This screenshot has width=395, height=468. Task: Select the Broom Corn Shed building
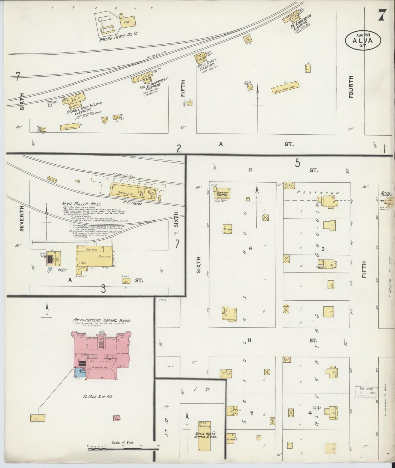pos(285,87)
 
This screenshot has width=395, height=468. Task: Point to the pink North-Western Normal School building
pos(101,355)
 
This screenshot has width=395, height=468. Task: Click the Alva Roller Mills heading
pos(81,204)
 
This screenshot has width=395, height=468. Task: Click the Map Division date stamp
pos(366,393)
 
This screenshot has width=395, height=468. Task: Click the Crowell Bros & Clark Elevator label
pos(85,109)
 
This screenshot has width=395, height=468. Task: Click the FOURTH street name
pos(351,87)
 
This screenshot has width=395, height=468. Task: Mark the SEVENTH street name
pos(22,218)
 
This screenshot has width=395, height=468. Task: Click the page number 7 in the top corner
pos(382,15)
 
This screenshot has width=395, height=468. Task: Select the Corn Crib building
pos(70,127)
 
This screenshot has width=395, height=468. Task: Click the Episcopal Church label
pos(387,194)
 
